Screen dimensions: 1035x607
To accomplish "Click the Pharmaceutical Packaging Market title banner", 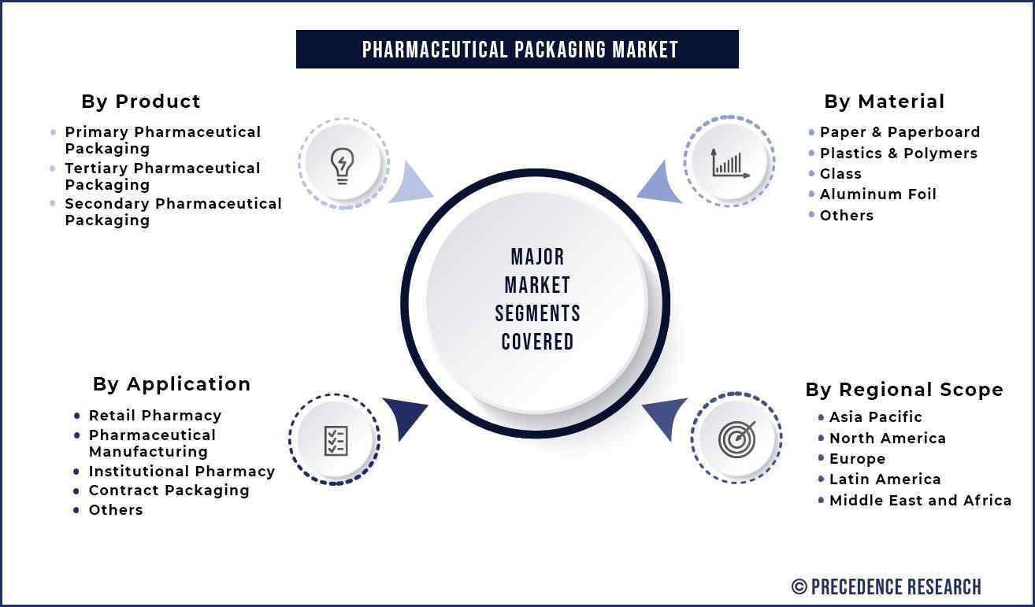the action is pos(517,50).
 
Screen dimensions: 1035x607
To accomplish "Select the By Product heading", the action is pos(141,102).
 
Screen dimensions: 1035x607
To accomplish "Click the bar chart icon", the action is pos(730,164).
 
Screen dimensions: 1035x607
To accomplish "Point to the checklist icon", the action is pos(336,441).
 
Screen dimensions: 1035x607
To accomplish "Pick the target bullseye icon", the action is pos(737,439).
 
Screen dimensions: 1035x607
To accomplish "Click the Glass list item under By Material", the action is pos(840,174).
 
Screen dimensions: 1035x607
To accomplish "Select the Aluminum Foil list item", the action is pos(878,194).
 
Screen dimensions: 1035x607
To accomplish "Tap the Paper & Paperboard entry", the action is pos(900,132).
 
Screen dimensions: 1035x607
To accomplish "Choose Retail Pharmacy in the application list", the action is pos(155,416).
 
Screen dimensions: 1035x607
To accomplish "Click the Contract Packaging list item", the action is pos(169,490).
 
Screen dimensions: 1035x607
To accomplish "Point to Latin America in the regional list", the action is pos(885,479).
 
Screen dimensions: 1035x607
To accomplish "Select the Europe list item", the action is pos(857,459).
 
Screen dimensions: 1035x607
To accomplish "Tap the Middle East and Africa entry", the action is pos(920,500).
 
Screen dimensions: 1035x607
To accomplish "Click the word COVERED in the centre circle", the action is pos(537,342).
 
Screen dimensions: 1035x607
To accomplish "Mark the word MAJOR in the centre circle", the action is pos(537,257).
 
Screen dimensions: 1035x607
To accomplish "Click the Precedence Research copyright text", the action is pos(886,587).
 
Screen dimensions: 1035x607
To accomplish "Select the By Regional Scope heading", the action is pos(904,390).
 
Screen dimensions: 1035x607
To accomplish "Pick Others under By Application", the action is pos(116,510).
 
